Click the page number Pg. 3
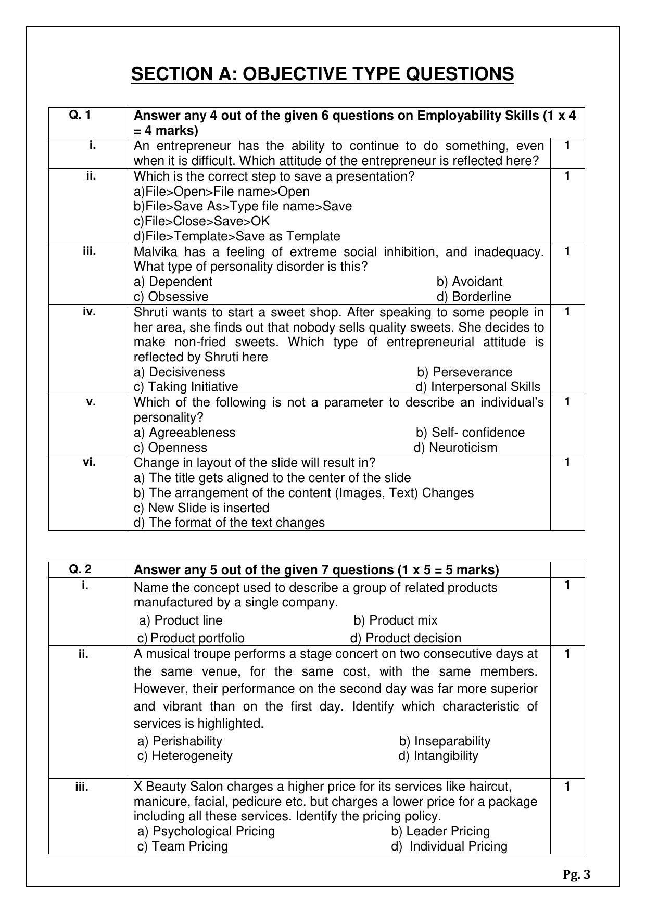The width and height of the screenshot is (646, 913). [576, 875]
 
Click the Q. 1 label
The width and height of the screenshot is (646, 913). [80, 115]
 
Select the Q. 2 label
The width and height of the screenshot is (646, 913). [80, 569]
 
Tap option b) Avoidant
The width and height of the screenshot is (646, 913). [469, 282]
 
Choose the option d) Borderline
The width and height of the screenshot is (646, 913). [473, 297]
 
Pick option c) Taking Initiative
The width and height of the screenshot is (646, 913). [186, 387]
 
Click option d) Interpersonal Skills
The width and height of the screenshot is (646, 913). [477, 387]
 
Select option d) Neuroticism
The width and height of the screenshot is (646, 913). [455, 448]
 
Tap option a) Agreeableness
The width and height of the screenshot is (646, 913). [184, 433]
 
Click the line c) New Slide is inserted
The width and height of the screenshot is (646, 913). [201, 508]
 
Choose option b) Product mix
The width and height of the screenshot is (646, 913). [395, 620]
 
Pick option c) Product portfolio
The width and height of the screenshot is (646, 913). [191, 638]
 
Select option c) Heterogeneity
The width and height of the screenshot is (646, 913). [185, 756]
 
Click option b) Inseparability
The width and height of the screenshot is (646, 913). [444, 741]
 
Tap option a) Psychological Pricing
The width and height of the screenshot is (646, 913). [206, 831]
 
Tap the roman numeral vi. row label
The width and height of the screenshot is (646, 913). [89, 462]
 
